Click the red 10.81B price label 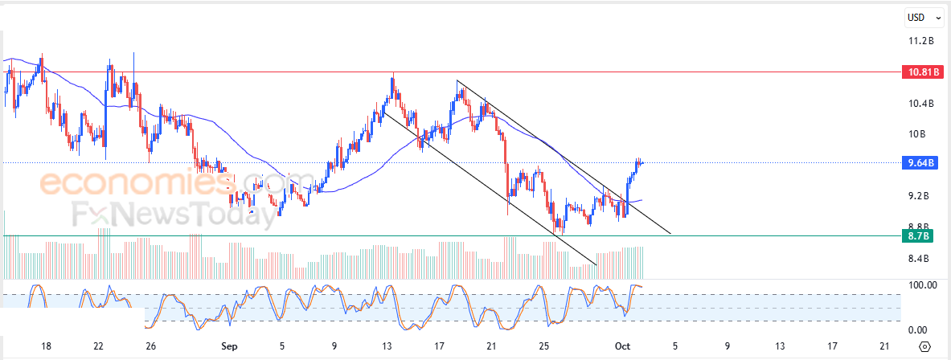(920, 72)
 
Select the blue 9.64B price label (920, 163)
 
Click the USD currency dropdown (920, 18)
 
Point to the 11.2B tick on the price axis (920, 41)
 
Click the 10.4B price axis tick (920, 104)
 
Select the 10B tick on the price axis (917, 134)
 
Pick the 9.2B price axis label (919, 196)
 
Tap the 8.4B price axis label (919, 259)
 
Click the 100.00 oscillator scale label (921, 285)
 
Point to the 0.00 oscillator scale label (917, 329)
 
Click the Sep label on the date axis (230, 346)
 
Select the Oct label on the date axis (622, 346)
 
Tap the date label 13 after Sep (387, 346)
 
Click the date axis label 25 (544, 346)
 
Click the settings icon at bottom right (924, 346)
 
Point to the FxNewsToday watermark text (172, 215)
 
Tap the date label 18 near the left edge (46, 346)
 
